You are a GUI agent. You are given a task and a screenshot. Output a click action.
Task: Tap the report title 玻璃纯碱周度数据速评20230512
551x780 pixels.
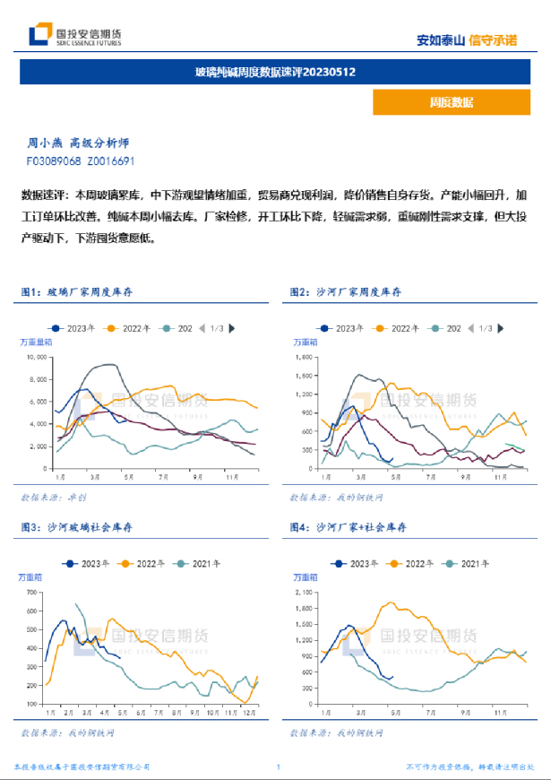pos(276,71)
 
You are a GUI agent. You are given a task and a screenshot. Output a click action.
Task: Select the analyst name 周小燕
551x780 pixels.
pos(45,143)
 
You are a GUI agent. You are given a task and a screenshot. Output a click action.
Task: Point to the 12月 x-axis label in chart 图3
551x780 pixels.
pos(247,713)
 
